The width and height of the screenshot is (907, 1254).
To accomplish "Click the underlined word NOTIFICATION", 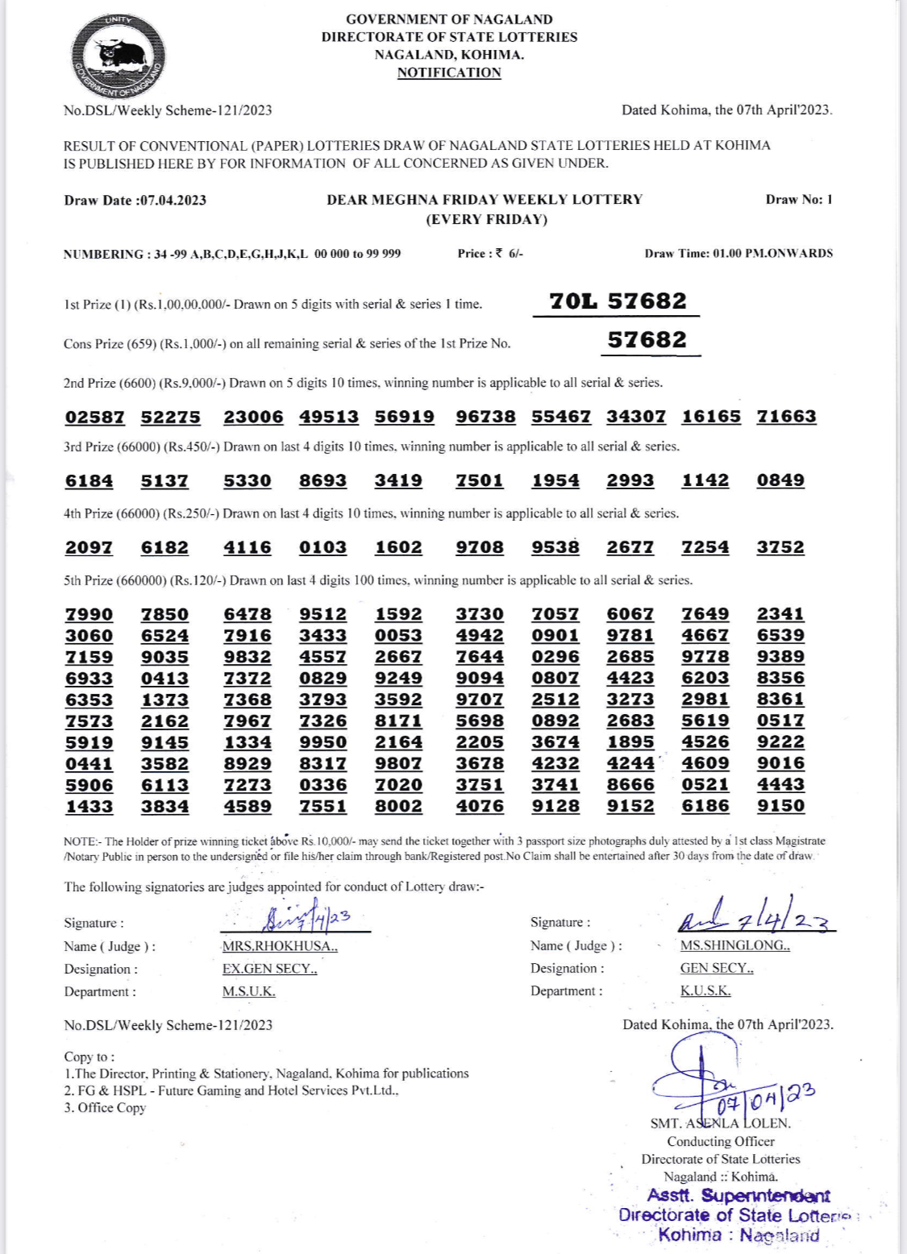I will (x=449, y=73).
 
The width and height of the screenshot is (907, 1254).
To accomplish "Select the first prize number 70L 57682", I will (x=618, y=301).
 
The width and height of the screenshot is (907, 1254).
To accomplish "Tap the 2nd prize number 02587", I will (x=94, y=417).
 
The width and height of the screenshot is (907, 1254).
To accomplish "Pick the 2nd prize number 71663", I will (x=786, y=417).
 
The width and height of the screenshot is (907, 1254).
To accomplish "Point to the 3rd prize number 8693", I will (x=322, y=480).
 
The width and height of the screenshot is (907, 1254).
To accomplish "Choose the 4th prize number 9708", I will (x=480, y=547).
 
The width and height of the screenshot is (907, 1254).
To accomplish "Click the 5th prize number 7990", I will (x=89, y=614).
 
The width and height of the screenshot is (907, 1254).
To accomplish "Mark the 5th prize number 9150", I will (x=780, y=806).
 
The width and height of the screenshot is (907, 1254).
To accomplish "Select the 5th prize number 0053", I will (x=398, y=635).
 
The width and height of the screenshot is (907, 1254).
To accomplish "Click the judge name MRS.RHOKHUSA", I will (x=280, y=946).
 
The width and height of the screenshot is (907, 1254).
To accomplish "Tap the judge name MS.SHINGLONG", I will (x=734, y=945).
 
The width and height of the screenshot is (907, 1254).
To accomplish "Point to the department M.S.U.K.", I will (x=248, y=991).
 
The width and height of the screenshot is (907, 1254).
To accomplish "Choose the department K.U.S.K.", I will (x=705, y=990).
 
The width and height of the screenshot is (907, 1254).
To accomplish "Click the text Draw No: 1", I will (x=799, y=200).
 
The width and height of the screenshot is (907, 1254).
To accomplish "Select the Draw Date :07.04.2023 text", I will (x=135, y=201).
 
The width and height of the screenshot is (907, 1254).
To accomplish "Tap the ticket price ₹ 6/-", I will (x=510, y=253).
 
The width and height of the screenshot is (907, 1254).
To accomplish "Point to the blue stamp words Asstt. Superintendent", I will (x=738, y=1196).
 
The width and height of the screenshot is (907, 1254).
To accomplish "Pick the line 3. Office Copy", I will (x=105, y=1108).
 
